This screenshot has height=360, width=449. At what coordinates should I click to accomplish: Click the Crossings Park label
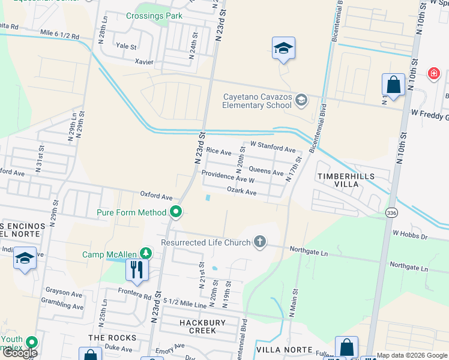click(x=154, y=15)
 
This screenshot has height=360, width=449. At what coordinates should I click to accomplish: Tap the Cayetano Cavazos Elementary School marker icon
click(x=301, y=100)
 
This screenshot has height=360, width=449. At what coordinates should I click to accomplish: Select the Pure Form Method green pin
click(x=176, y=212)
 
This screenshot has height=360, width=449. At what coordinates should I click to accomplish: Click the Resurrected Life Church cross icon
click(x=259, y=242)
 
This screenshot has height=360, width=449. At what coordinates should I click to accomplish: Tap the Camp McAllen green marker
click(x=145, y=254)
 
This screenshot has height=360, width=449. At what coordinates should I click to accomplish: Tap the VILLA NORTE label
click(x=284, y=349)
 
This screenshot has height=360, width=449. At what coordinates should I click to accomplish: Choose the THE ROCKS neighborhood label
click(x=112, y=338)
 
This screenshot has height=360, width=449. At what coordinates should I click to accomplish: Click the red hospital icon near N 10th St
click(x=433, y=74)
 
